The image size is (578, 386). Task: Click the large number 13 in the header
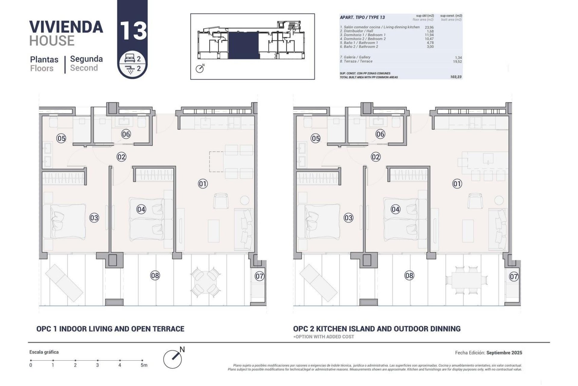click(x=133, y=31)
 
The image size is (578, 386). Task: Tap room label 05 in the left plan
click(x=61, y=138)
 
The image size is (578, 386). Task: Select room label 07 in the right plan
click(x=514, y=276)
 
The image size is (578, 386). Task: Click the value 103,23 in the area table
click(x=456, y=77)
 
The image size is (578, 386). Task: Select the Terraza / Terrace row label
click(x=356, y=61)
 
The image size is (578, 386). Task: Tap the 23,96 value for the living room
click(x=429, y=27)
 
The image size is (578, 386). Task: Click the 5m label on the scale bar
click(x=144, y=365)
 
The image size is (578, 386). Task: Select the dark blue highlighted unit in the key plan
click(x=244, y=46)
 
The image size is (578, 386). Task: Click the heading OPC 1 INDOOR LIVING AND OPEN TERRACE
click(x=110, y=329)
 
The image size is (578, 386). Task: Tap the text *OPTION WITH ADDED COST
click(x=324, y=337)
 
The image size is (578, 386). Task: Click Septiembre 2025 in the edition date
click(x=504, y=353)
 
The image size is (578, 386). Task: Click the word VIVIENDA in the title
click(x=66, y=27)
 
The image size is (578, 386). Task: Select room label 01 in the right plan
click(x=457, y=184)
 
